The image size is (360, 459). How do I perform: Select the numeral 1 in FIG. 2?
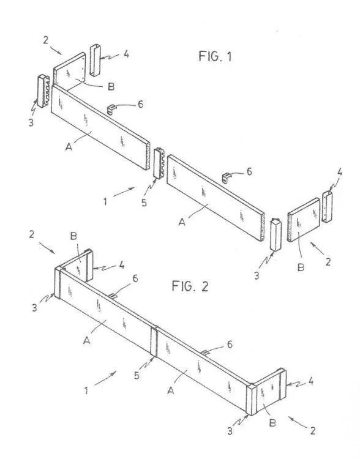click(87, 389)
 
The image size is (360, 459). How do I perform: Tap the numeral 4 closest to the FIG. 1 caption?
click(125, 53)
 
